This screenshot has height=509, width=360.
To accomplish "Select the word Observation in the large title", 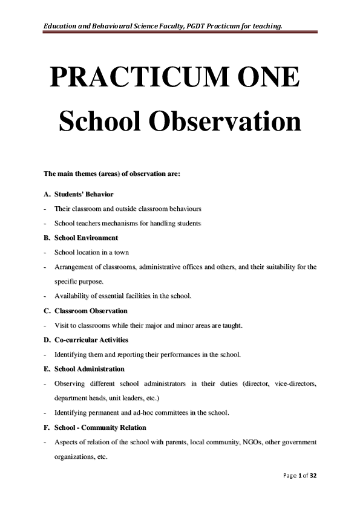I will coord(224,122).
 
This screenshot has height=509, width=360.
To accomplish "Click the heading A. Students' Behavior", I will coord(79,195).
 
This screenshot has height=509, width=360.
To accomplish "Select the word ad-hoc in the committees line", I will coord(157,413).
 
